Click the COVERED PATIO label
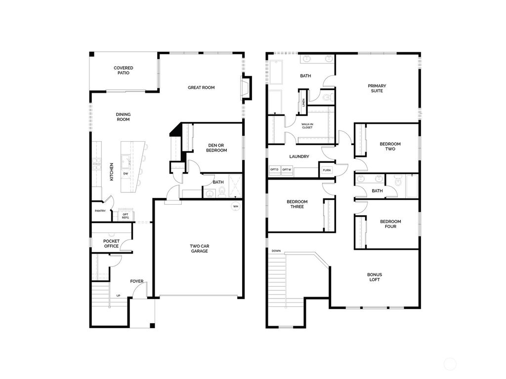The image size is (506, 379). (123, 71)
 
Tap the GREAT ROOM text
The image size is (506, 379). (201, 87)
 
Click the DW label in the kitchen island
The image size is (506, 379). (126, 174)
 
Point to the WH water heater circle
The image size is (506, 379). (236, 206)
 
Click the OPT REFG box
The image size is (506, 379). (126, 216)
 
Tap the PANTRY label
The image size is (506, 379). (100, 211)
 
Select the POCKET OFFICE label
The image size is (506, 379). (111, 244)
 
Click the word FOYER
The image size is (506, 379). (137, 281)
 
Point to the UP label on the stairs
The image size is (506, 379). (118, 296)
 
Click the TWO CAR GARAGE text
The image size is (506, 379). (199, 248)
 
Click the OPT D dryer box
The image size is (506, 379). (274, 170)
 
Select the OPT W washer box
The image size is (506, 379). (287, 170)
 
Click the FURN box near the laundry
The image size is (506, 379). (327, 170)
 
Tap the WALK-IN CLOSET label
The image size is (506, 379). (307, 125)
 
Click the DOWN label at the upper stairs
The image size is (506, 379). (276, 251)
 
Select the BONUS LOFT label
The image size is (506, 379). (374, 277)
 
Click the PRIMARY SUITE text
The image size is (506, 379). (377, 88)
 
